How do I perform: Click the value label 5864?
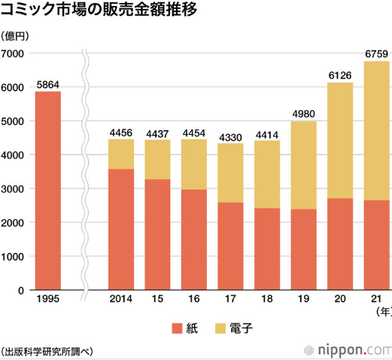(42, 84)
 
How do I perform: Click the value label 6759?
(377, 53)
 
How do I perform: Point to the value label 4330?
(231, 136)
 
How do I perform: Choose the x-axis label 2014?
(121, 300)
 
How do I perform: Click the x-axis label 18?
(267, 300)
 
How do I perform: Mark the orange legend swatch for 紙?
(177, 328)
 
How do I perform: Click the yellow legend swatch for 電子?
(221, 328)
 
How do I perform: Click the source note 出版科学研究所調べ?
(47, 350)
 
